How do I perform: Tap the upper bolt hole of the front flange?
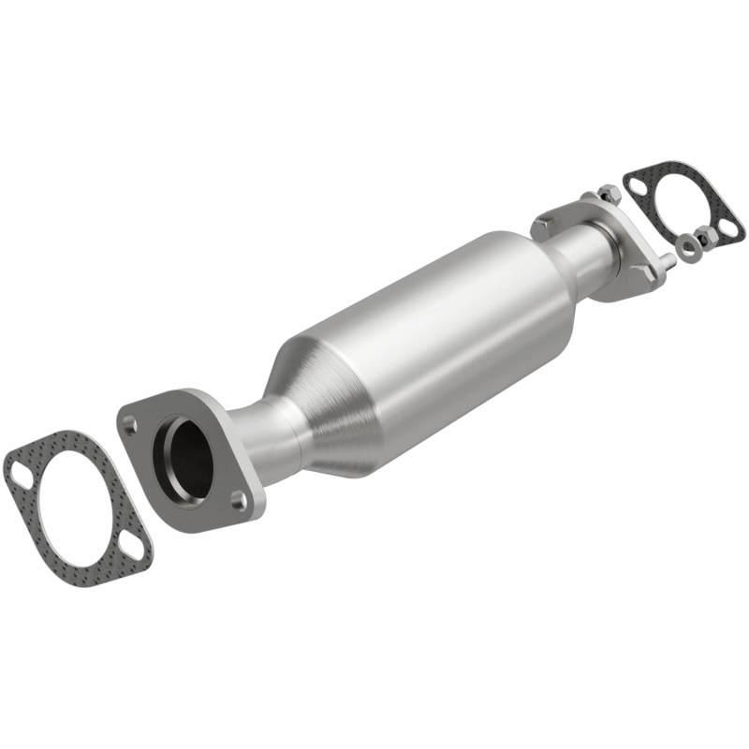(130, 423)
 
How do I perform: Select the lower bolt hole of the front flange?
(239, 502)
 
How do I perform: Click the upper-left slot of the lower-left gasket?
(21, 476)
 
